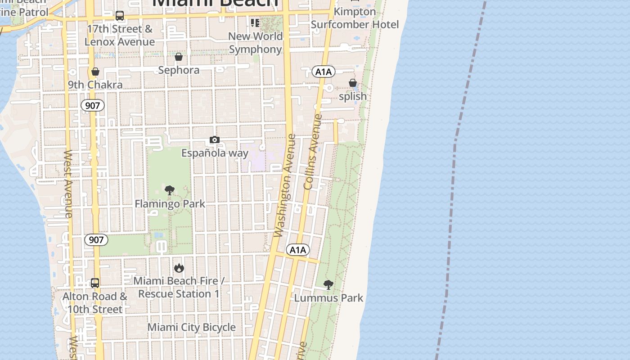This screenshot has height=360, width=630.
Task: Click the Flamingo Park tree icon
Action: click(x=170, y=190)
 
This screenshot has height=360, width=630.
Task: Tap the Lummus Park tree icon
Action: click(x=328, y=284)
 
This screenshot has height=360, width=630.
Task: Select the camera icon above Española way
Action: click(x=215, y=140)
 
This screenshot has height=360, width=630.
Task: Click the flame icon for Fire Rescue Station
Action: click(x=179, y=268)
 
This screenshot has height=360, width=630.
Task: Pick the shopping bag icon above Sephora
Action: click(x=179, y=57)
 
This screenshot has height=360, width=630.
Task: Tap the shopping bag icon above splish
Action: click(x=353, y=83)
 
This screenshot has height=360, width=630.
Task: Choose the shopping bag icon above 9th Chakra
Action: click(x=95, y=72)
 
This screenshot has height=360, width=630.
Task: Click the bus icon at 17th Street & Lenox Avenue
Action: click(x=120, y=16)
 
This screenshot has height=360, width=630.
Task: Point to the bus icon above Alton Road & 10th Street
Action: click(x=95, y=283)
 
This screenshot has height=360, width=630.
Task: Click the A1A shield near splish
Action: click(x=323, y=72)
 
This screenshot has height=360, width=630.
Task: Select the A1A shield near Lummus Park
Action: click(x=297, y=250)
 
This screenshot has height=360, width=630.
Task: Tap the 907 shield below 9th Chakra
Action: click(x=93, y=106)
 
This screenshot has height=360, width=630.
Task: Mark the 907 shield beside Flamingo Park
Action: click(x=96, y=240)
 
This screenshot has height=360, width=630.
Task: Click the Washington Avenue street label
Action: click(x=285, y=185)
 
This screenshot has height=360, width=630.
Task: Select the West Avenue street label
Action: click(x=68, y=184)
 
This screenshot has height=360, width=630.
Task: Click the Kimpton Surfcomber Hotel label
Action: click(x=355, y=18)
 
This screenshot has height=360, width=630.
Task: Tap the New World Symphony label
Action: click(x=255, y=42)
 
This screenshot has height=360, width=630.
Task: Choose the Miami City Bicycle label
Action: click(x=192, y=327)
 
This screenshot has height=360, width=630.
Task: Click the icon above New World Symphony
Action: click(x=255, y=22)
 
